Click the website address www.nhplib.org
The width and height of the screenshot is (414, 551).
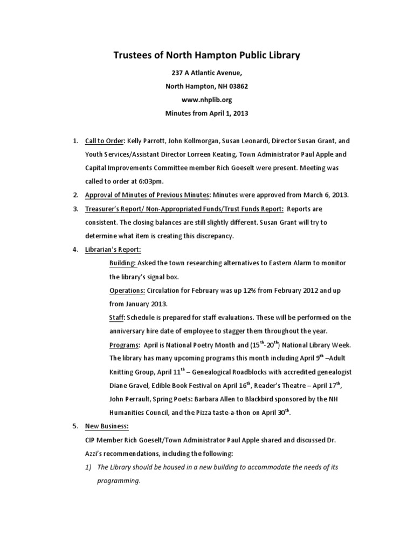click(x=207, y=100)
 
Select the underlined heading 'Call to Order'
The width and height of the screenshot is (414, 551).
click(x=105, y=141)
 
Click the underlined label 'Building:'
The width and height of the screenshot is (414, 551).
click(x=122, y=263)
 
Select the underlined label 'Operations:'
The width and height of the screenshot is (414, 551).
click(x=127, y=290)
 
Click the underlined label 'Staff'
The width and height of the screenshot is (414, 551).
click(x=118, y=317)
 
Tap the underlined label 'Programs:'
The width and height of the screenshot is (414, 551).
click(x=125, y=345)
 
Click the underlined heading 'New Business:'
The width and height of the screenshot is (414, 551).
click(x=107, y=426)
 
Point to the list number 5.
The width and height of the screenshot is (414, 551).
click(x=75, y=426)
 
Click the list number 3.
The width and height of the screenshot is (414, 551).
click(x=75, y=208)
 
